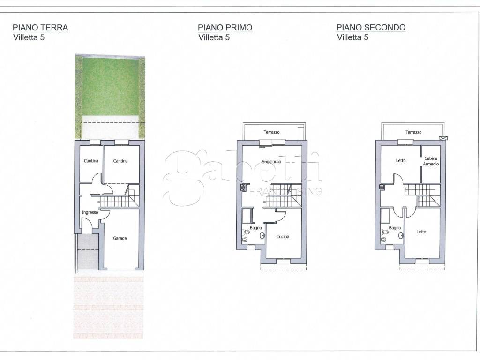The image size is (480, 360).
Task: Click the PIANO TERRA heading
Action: pos(40,28)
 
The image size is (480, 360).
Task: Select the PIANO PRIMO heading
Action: pos(225,28)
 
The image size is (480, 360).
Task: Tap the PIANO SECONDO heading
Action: pos(371,28)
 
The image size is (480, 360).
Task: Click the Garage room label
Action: pos(120,238)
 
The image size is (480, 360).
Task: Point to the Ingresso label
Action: pos(90,212)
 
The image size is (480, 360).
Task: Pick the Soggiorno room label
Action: pos(271,162)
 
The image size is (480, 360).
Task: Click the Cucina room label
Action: pos(283,236)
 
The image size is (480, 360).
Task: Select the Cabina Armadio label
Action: pos(431,161)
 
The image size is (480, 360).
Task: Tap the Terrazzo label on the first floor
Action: pos(271,132)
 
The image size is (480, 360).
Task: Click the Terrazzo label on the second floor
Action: pos(413,132)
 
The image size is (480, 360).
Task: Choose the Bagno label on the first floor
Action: pos(255,228)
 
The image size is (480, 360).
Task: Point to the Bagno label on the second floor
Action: pos(395,228)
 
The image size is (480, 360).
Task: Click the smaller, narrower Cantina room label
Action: pos(91,161)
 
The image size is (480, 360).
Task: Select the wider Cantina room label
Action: pos(120,161)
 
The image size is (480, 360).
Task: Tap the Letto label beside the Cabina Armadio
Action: pos(400,160)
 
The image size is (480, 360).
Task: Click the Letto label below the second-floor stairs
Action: pos(421,232)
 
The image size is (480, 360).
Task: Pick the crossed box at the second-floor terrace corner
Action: pos(441,138)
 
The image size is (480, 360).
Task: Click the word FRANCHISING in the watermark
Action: pos(285,191)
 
